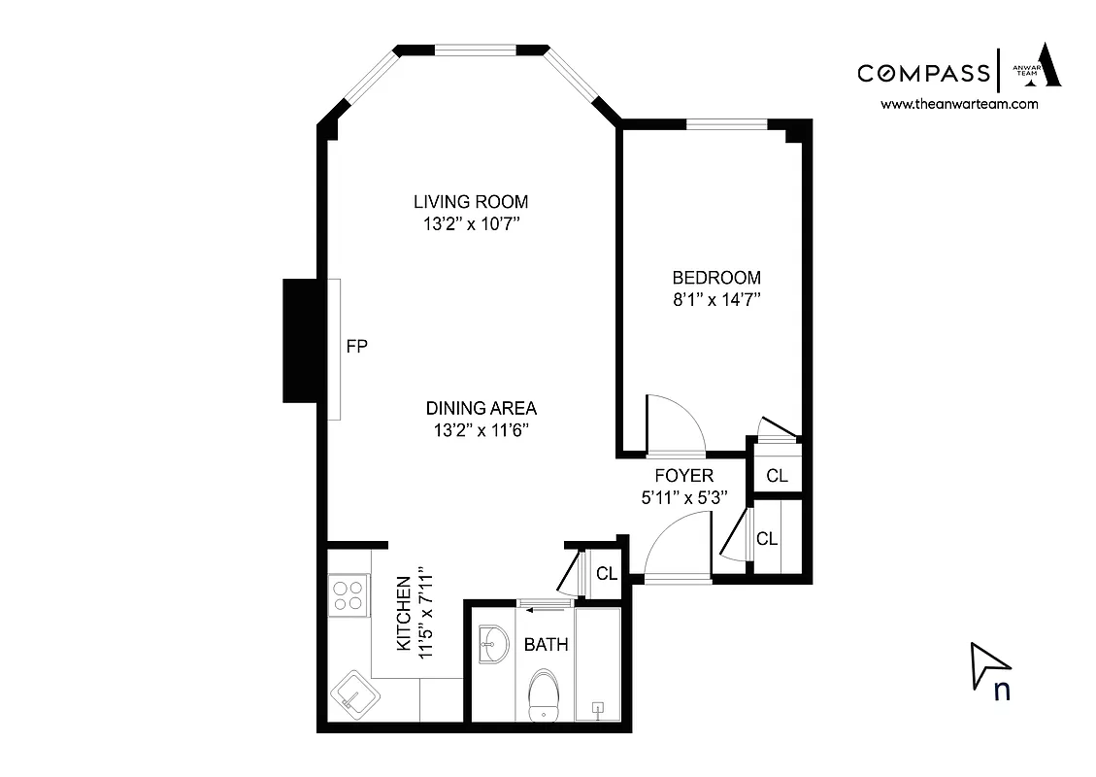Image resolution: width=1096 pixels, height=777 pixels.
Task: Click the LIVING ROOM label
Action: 471,202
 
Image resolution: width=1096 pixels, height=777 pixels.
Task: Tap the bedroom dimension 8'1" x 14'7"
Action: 716,300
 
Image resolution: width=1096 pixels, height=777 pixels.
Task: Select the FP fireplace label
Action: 357,346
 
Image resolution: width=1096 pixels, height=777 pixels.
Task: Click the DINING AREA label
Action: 481,408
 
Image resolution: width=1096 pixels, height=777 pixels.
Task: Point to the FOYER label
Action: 683,475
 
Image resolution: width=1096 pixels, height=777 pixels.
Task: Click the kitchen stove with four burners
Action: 349,593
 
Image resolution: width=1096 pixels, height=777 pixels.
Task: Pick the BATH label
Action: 546,644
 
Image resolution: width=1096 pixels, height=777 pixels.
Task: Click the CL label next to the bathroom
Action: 607,574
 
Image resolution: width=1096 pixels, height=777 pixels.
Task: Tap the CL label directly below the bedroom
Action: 777,476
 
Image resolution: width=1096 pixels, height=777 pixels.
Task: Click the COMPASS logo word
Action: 922,73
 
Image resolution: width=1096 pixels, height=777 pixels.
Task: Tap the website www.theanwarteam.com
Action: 958,104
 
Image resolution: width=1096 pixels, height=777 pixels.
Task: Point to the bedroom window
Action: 726,123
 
